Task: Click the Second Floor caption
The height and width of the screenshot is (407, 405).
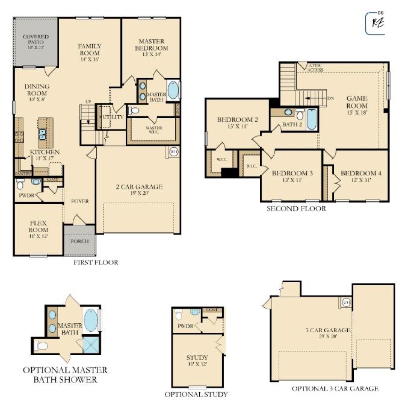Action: (296, 209)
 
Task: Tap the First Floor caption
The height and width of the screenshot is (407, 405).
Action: (96, 263)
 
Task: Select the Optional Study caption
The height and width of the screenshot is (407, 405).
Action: (196, 395)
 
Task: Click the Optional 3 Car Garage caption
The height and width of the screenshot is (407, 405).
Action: (335, 389)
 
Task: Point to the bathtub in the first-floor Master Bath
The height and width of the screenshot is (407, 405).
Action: (173, 91)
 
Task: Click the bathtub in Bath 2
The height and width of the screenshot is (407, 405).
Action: (312, 119)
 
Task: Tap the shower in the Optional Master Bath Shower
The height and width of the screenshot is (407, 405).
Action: (91, 345)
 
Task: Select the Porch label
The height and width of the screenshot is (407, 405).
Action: (79, 241)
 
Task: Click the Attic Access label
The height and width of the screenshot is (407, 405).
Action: (315, 68)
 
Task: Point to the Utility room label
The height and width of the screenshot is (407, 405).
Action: (113, 116)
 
